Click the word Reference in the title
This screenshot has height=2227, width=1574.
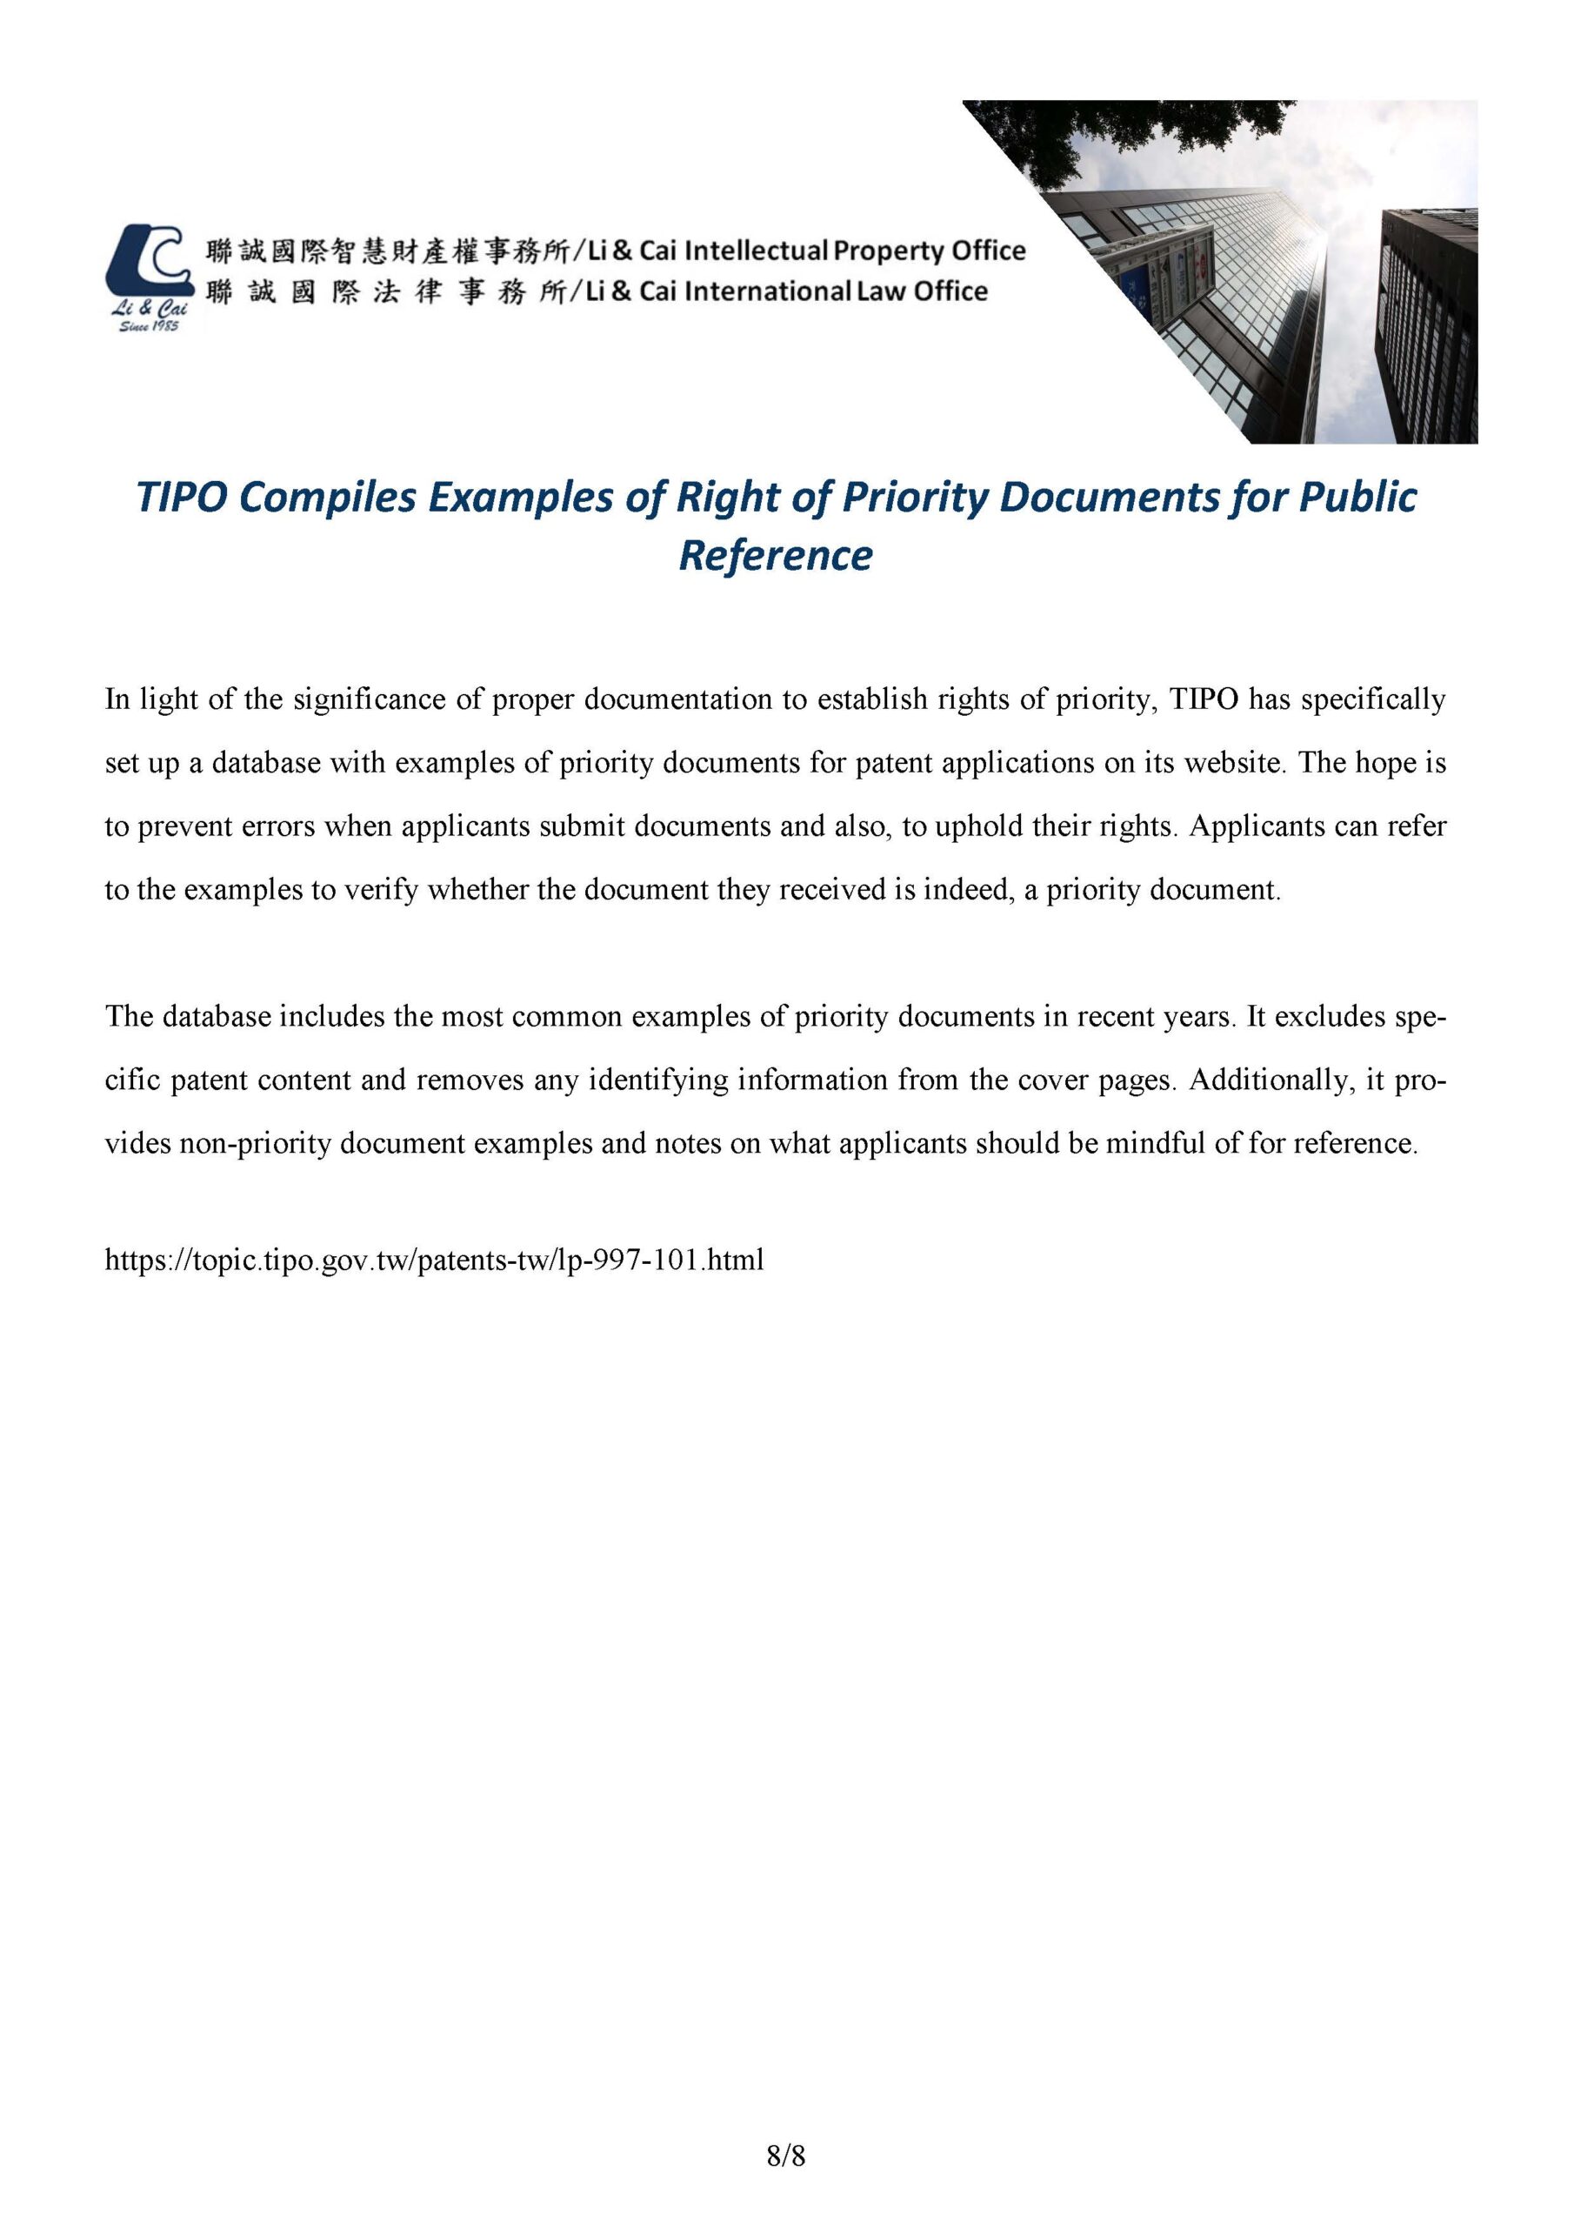pyautogui.click(x=775, y=556)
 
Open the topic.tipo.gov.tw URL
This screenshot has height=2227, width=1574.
pyautogui.click(x=435, y=1260)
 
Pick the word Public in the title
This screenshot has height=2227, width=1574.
pyautogui.click(x=1357, y=498)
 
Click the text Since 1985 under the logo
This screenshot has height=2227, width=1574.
pyautogui.click(x=148, y=327)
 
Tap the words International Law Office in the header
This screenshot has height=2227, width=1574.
pyautogui.click(x=836, y=291)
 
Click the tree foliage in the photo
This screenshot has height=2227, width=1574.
pyautogui.click(x=1144, y=136)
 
